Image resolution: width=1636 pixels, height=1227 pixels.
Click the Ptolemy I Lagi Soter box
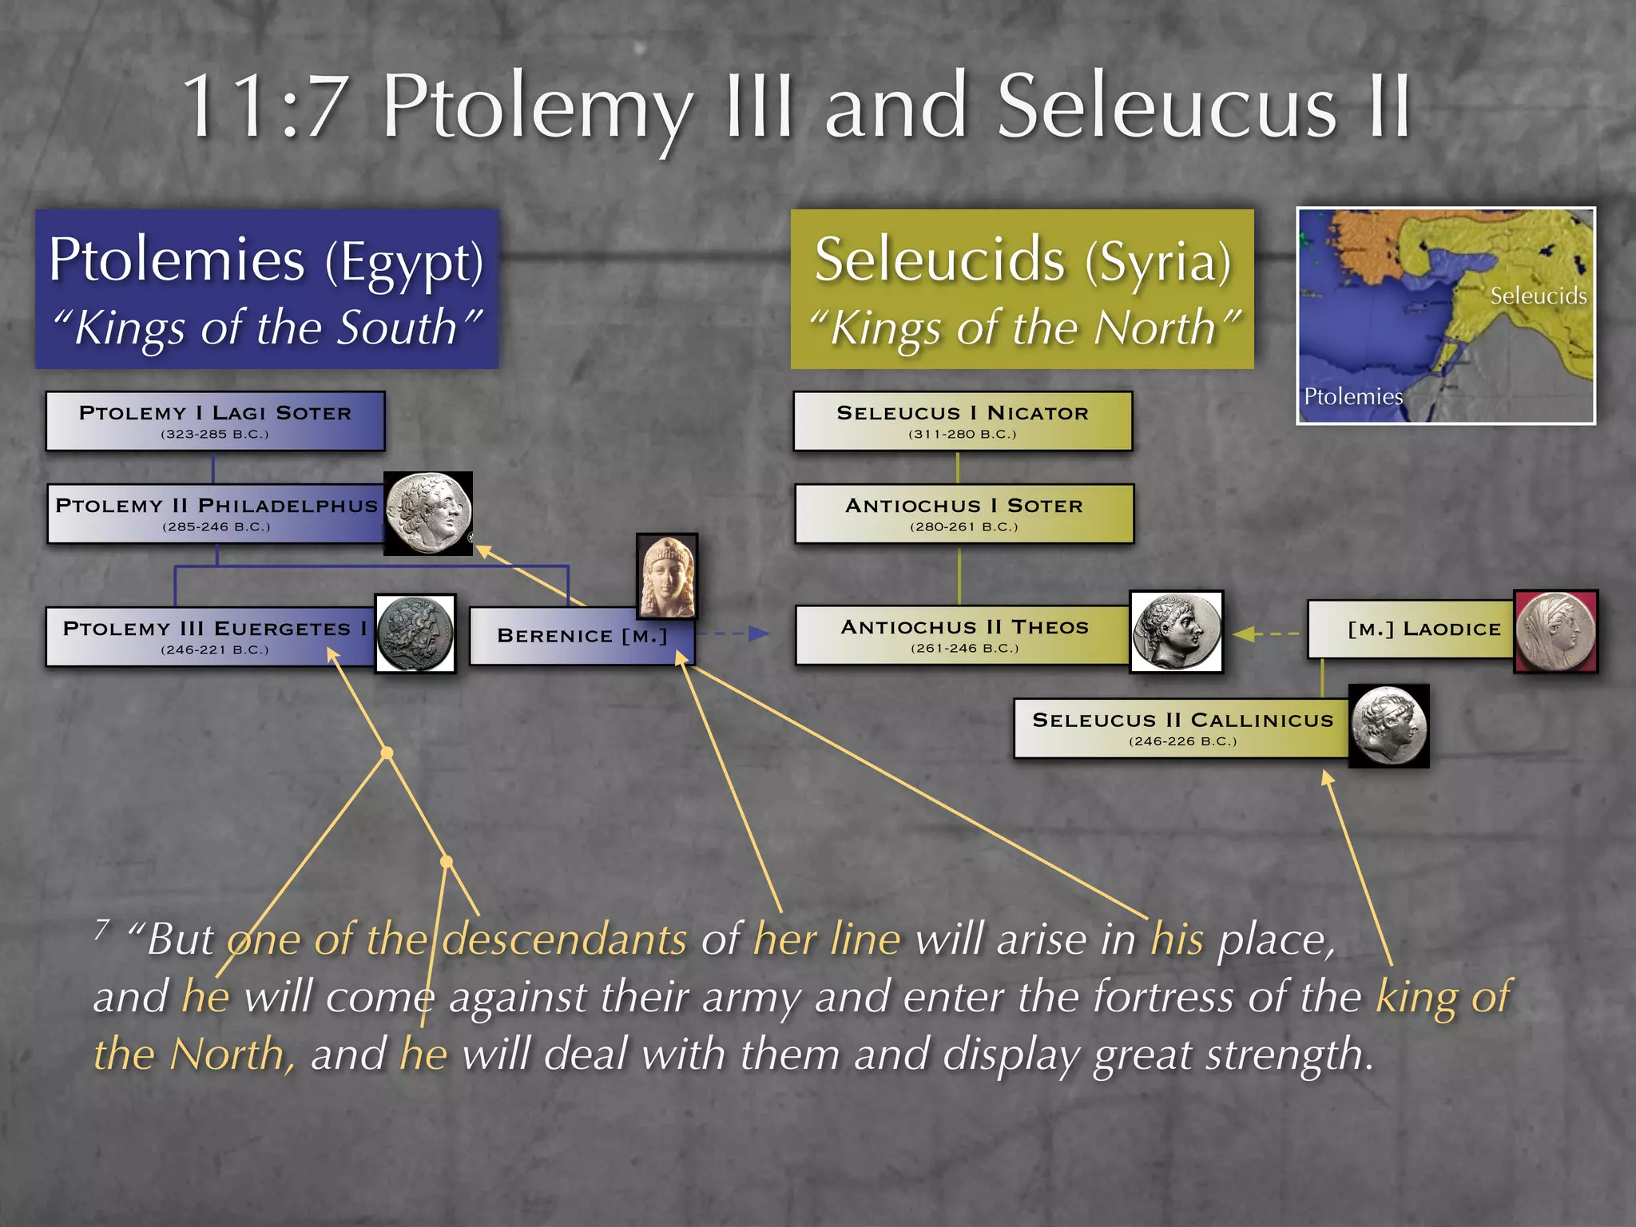[x=215, y=421]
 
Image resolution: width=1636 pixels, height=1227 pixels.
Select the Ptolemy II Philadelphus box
[x=216, y=514]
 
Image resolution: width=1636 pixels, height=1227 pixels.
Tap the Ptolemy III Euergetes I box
[x=212, y=637]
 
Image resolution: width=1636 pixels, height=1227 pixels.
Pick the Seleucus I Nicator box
[x=963, y=421]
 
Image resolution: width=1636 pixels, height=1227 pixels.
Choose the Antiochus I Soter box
[x=964, y=514]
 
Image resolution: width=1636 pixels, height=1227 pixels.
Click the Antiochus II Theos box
[x=963, y=635]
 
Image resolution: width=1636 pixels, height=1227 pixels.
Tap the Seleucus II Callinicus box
[x=1182, y=728]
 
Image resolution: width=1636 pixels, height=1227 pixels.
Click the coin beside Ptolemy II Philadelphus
[x=428, y=513]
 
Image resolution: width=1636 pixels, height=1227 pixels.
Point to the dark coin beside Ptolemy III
[x=415, y=633]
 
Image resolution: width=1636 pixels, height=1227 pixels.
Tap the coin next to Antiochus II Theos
[x=1176, y=632]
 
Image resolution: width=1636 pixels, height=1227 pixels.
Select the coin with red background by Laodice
[x=1555, y=631]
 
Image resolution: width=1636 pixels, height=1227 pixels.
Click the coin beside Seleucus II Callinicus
[x=1388, y=726]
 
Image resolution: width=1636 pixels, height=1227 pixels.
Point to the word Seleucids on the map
[x=1538, y=296]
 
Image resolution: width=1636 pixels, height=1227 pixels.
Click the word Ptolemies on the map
[x=1352, y=396]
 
